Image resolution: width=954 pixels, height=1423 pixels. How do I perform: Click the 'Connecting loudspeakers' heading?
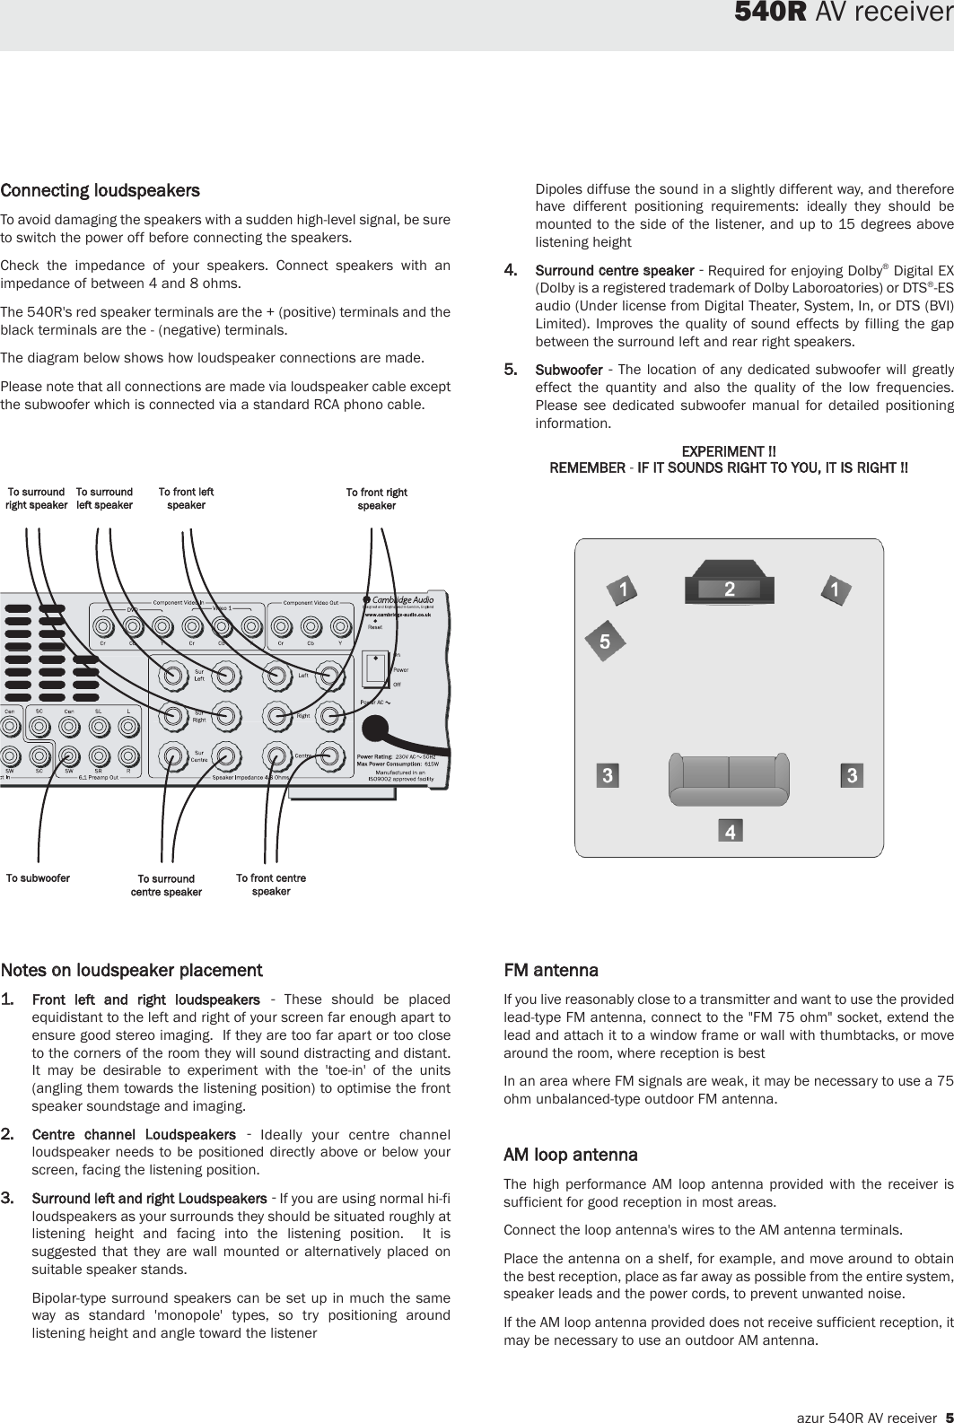point(100,190)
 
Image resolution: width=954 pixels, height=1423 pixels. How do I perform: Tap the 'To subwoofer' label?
point(38,878)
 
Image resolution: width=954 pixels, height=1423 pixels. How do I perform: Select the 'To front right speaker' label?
point(377,499)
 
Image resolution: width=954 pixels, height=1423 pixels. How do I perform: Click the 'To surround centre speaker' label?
point(166,886)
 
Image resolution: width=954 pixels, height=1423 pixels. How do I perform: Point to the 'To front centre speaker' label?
point(271,885)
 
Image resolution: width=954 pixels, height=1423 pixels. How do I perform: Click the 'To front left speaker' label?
point(186,498)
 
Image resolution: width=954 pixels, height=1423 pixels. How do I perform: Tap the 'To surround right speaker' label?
point(36,498)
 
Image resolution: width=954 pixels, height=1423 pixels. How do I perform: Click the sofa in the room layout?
point(728,775)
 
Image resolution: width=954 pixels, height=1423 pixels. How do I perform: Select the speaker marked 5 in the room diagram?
point(605,642)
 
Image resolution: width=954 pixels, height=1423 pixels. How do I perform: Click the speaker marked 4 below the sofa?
point(731,832)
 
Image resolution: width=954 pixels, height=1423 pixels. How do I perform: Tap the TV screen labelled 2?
point(730,589)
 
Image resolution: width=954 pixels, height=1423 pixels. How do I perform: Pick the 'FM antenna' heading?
point(550,970)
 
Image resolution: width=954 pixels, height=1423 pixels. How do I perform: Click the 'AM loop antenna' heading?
point(570,1154)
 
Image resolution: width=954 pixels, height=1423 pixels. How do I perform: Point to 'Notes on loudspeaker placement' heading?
point(131,970)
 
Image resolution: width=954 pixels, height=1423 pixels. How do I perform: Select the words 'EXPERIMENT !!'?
point(729,450)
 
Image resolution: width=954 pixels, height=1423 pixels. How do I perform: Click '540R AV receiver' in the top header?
point(843,13)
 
